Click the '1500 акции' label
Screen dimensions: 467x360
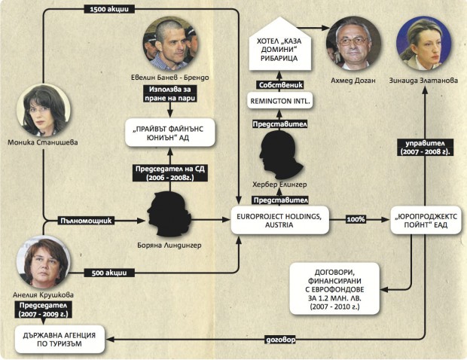109,9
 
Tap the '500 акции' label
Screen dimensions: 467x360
109,273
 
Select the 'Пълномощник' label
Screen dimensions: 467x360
86,221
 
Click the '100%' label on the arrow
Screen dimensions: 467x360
356,219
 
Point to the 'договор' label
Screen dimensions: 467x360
280,340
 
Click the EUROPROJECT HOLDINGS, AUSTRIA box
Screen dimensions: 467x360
279,221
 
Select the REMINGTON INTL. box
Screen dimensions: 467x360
279,101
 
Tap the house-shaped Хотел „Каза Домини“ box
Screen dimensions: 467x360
279,44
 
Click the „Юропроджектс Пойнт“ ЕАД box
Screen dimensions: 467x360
426,220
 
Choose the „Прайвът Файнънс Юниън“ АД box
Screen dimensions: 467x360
169,133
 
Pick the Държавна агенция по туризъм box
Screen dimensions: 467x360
60,340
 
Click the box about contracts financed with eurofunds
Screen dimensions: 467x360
334,289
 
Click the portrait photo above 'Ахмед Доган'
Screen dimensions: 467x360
353,44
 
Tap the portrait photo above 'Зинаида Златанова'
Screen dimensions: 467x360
423,44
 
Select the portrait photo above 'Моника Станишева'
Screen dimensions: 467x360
44,111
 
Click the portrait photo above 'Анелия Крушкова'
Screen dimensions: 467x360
44,262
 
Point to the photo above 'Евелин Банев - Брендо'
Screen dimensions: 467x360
169,44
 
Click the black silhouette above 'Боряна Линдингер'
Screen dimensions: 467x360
169,215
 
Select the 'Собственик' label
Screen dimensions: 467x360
280,85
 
